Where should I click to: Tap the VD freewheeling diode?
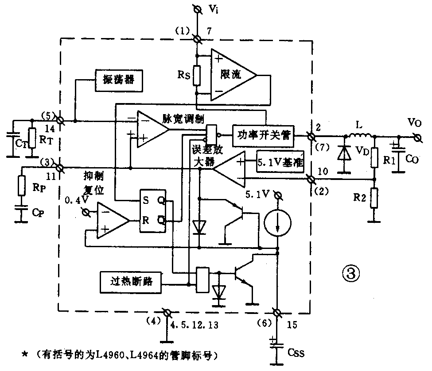[343, 153]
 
